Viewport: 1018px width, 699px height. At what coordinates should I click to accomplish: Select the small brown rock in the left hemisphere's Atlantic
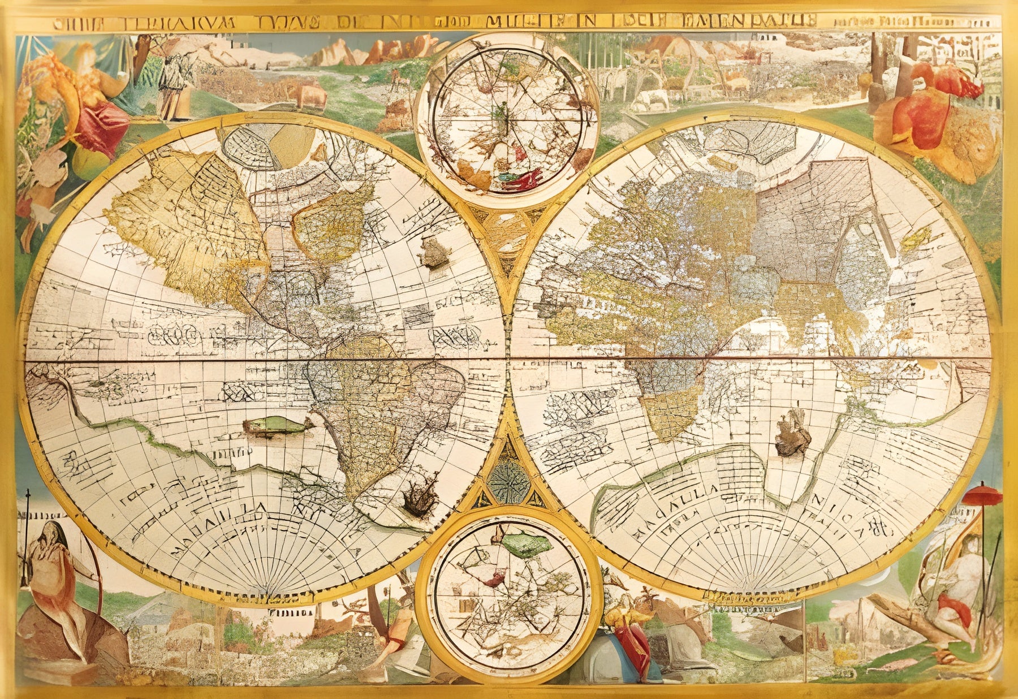click(434, 253)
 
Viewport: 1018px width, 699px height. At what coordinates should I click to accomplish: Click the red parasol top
click(982, 496)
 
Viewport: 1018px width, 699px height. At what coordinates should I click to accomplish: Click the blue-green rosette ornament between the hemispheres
click(508, 481)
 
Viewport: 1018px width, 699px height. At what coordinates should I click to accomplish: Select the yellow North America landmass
click(187, 226)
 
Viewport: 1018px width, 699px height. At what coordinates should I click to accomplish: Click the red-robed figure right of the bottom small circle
click(631, 636)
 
